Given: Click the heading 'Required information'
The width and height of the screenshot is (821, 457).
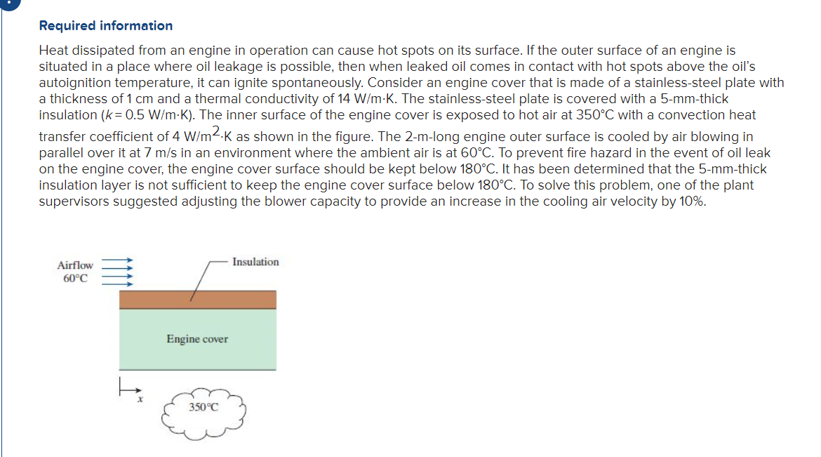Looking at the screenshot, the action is point(105,26).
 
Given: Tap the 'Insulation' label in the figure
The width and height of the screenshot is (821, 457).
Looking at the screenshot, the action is point(255,262).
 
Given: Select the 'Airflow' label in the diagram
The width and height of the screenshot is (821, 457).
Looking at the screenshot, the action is point(75,265).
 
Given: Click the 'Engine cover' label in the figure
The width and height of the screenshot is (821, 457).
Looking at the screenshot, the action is point(197,339).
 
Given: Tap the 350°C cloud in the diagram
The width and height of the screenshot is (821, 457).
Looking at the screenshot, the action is point(203,411).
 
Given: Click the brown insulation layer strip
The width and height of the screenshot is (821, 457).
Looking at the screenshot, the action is point(197,300).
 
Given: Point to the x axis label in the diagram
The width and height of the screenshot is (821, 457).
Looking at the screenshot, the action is point(140,399).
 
